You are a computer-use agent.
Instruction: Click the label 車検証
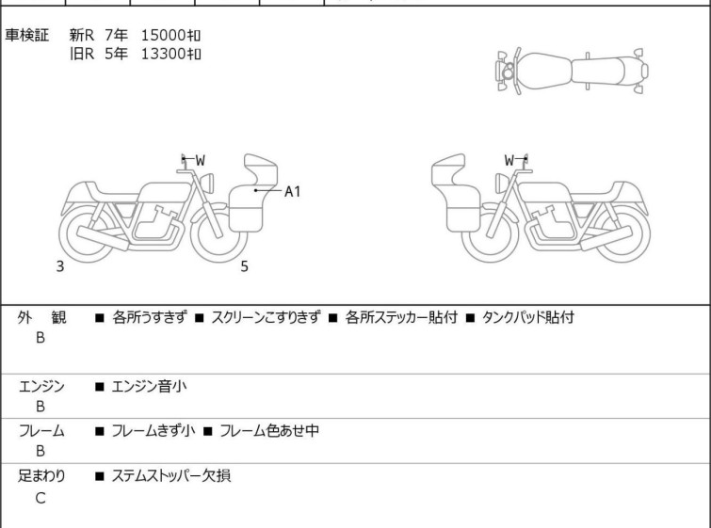click(x=26, y=35)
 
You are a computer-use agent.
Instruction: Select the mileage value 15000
click(x=163, y=35)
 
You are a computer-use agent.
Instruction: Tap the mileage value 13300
click(x=163, y=54)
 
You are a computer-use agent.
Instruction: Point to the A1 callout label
click(x=293, y=192)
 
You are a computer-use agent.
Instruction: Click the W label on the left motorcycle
click(x=200, y=160)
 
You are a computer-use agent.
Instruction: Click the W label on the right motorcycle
click(x=509, y=160)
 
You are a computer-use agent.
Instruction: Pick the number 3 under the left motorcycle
click(x=60, y=266)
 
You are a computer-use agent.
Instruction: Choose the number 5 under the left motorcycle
click(x=245, y=266)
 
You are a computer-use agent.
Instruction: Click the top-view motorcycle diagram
click(x=572, y=72)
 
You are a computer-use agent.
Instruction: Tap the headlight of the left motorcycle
click(x=207, y=184)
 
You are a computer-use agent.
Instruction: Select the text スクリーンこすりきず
click(x=267, y=317)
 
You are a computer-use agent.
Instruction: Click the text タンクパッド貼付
click(x=527, y=317)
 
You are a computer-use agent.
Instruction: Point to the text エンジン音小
click(x=149, y=387)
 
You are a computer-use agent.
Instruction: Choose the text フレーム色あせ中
click(x=269, y=430)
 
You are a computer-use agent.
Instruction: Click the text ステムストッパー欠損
click(x=171, y=476)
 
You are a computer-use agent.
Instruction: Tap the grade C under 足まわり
click(x=40, y=498)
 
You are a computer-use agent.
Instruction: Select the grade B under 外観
click(x=40, y=338)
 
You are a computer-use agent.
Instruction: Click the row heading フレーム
click(x=41, y=430)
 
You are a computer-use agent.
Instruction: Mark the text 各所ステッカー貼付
click(x=401, y=317)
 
